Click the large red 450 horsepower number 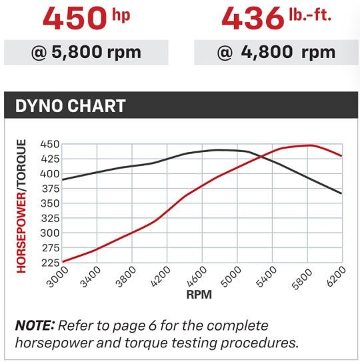(75, 19)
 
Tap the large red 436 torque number (253, 19)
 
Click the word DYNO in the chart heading (39, 106)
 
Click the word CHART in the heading (97, 106)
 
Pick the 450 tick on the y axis (50, 144)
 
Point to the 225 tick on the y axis (51, 263)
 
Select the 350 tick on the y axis (50, 203)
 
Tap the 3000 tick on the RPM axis (57, 277)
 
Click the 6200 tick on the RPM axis (336, 277)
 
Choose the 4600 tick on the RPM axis (197, 277)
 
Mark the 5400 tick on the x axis (267, 277)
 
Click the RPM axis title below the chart (199, 295)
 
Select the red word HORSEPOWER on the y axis (21, 233)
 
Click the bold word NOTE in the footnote (35, 325)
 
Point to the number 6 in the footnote (153, 326)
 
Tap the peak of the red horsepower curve (310, 145)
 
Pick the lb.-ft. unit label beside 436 (311, 15)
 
